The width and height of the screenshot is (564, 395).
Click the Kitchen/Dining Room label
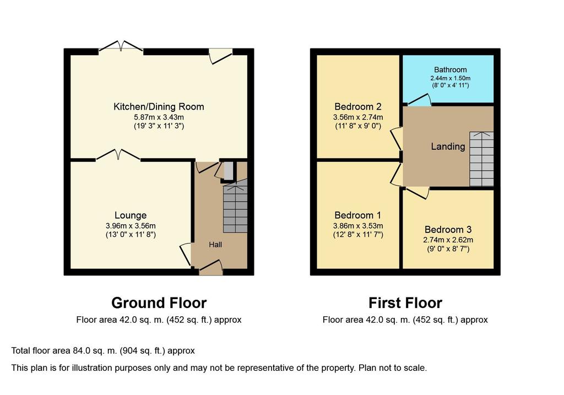tap(159, 106)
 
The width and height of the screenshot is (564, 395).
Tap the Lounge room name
tap(131, 215)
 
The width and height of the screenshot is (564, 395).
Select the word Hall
tap(215, 245)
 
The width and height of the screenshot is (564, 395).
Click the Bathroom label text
tap(451, 70)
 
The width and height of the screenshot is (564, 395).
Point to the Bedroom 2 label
tap(358, 106)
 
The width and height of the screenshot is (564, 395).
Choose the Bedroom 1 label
tap(358, 215)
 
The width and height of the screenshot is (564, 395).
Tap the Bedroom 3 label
tap(448, 230)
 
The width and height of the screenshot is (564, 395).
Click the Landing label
tap(448, 147)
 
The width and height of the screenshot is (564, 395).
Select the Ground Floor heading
tap(159, 303)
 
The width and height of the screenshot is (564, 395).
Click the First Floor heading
tap(405, 303)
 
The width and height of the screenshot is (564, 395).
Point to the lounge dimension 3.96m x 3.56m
tap(131, 226)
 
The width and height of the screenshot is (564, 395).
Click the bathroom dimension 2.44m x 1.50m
tap(451, 78)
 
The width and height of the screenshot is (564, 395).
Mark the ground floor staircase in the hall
tap(235, 209)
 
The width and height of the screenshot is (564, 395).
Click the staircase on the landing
tap(481, 159)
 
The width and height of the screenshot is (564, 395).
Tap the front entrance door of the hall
tap(211, 268)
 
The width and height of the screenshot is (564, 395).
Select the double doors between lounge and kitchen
tap(118, 155)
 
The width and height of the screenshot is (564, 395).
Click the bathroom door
tap(419, 100)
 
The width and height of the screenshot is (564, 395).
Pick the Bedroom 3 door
tap(417, 192)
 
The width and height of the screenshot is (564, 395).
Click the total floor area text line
tap(103, 351)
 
